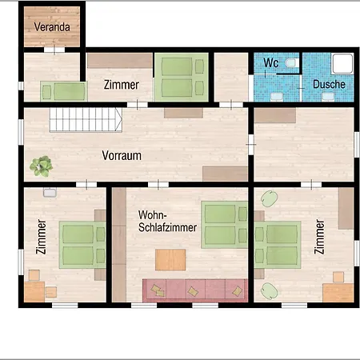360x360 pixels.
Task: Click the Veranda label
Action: coord(52,27)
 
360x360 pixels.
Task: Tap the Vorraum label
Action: coord(122,155)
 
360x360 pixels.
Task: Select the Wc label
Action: coord(271,62)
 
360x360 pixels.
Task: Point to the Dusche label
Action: coord(329,84)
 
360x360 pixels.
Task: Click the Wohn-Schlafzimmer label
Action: coord(167,221)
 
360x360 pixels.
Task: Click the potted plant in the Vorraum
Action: coord(41,166)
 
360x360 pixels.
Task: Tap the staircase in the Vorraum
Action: coord(86,120)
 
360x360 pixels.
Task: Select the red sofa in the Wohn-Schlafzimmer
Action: coord(195,290)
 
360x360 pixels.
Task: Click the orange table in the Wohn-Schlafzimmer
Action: coord(170,260)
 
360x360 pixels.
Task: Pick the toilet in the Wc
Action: coord(292,63)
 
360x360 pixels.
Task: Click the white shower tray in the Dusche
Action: coord(342,63)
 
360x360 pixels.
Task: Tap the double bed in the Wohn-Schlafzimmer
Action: coord(225,225)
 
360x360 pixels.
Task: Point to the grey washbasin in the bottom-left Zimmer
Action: coord(50,192)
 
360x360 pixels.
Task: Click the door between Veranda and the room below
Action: coord(54,50)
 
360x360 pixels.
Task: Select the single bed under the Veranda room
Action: coord(64,91)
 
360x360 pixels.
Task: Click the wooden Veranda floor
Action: coord(52,26)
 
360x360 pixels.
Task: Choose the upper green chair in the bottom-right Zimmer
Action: coord(269,198)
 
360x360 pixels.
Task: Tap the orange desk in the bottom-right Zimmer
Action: coord(338,293)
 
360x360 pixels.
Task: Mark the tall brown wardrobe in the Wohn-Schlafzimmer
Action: coord(119,245)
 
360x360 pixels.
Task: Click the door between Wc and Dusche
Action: coord(301,88)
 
